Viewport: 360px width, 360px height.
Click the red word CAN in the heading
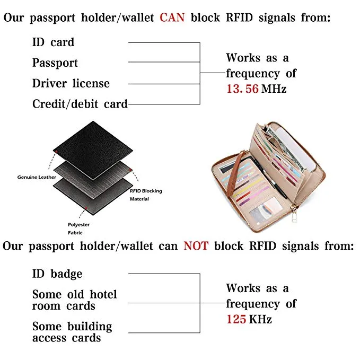pyautogui.click(x=172, y=17)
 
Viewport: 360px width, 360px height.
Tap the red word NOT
pyautogui.click(x=196, y=246)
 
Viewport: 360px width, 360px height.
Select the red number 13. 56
pyautogui.click(x=242, y=89)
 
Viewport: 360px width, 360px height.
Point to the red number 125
pyautogui.click(x=236, y=319)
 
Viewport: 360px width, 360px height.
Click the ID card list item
pyautogui.click(x=53, y=42)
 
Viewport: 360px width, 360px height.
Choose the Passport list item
pyautogui.click(x=55, y=63)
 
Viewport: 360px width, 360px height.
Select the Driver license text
pyautogui.click(x=71, y=83)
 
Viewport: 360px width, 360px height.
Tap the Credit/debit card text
pyautogui.click(x=80, y=104)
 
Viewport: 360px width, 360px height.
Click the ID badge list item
pyautogui.click(x=57, y=274)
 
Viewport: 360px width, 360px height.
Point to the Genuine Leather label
pyautogui.click(x=37, y=177)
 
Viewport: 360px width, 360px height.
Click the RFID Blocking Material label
pyautogui.click(x=146, y=195)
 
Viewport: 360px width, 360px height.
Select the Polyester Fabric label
pyautogui.click(x=79, y=229)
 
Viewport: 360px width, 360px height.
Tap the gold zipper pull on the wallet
pyautogui.click(x=293, y=214)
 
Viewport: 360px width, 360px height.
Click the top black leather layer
pyautogui.click(x=93, y=151)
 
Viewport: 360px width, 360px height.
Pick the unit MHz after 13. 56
pyautogui.click(x=274, y=89)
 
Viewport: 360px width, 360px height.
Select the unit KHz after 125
pyautogui.click(x=260, y=319)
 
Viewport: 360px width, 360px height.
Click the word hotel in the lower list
pyautogui.click(x=103, y=294)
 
